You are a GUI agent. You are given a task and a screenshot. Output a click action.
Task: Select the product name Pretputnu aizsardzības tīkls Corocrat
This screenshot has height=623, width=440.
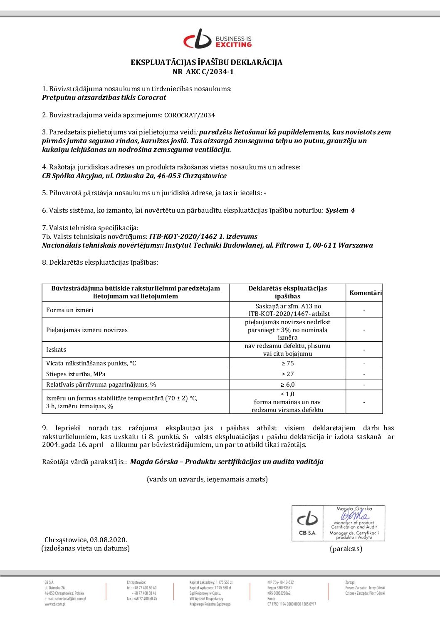click(x=104, y=97)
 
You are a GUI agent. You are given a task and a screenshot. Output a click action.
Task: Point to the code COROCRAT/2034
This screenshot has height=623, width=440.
click(x=190, y=115)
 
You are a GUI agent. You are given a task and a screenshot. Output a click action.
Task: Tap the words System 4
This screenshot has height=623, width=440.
click(x=340, y=210)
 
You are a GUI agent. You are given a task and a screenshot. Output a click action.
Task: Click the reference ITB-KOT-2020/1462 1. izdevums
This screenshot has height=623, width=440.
click(x=203, y=236)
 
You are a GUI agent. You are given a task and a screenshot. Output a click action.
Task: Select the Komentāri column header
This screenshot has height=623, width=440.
click(x=365, y=293)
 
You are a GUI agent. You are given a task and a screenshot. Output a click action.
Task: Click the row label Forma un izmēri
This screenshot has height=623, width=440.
click(x=70, y=310)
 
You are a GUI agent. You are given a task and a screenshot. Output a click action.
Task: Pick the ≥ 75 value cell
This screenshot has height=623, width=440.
click(x=287, y=363)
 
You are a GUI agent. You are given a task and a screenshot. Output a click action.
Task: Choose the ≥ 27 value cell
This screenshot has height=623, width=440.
click(x=287, y=374)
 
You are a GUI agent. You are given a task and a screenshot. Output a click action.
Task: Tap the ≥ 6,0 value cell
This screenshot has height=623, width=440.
click(x=287, y=385)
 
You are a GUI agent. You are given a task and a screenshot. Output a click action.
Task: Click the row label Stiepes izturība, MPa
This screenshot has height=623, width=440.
click(x=76, y=374)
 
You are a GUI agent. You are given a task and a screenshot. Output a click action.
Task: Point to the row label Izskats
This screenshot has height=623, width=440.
click(x=56, y=350)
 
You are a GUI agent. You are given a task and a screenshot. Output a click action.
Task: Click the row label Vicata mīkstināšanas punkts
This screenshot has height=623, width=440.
click(x=91, y=363)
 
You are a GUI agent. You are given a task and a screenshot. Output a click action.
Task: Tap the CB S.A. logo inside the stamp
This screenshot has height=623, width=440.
click(x=307, y=523)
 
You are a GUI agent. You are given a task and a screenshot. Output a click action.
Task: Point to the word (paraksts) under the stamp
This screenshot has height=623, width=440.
click(x=346, y=549)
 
